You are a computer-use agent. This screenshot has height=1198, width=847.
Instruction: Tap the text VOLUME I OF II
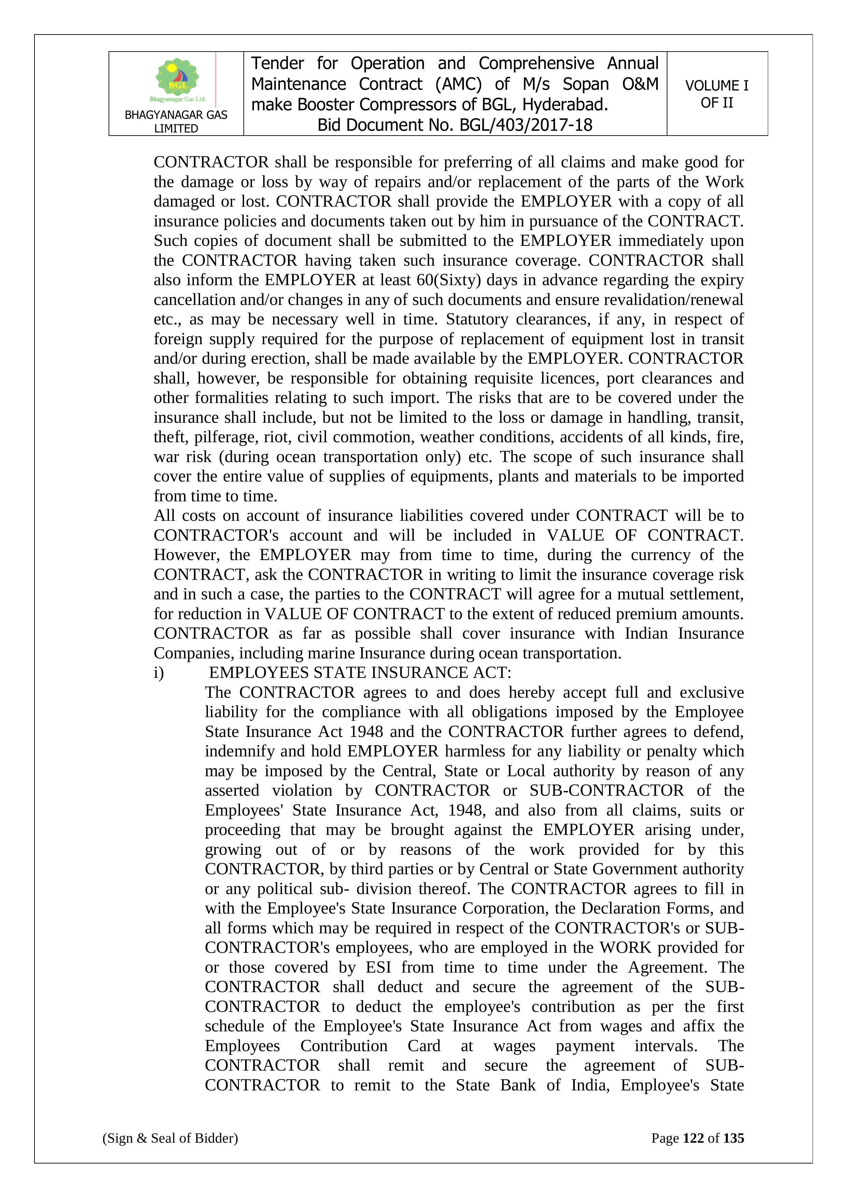coord(717,94)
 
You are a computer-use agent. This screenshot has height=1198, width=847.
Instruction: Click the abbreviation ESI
coord(378,967)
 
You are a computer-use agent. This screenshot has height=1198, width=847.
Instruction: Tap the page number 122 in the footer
coord(693,1138)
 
